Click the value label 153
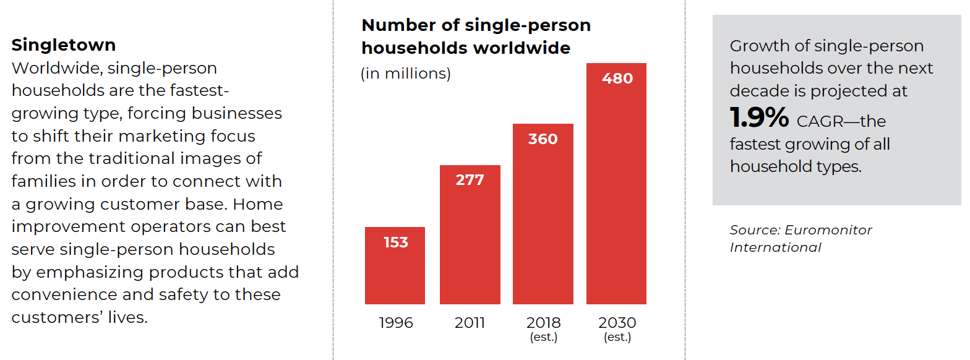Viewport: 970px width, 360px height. click(396, 242)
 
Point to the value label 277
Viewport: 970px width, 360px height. click(470, 180)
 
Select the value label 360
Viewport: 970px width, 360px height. click(543, 139)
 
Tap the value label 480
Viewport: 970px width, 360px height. click(617, 79)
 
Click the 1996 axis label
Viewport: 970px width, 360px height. click(396, 323)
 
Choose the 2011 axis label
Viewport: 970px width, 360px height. click(470, 323)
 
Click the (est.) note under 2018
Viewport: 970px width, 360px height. click(543, 337)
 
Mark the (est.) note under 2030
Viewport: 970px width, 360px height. click(617, 337)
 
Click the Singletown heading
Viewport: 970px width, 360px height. click(64, 45)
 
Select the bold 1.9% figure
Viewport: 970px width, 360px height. click(759, 118)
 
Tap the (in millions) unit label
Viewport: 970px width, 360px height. click(406, 74)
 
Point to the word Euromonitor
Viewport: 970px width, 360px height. click(828, 230)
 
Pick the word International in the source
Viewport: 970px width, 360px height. click(776, 247)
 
